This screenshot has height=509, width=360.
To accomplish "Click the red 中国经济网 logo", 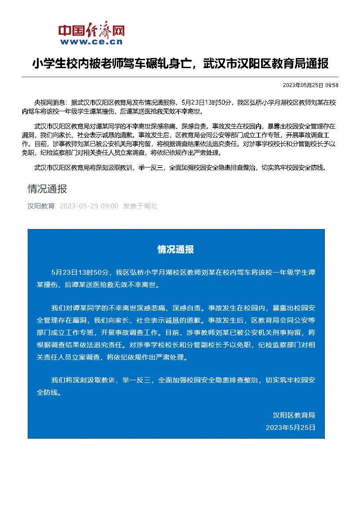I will (x=91, y=30).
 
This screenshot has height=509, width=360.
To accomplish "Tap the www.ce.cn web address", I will (x=91, y=42).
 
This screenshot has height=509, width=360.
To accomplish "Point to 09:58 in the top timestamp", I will (x=332, y=85).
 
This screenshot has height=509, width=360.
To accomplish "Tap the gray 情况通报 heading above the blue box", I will (x=47, y=189).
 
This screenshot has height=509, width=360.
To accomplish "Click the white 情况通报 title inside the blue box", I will (x=176, y=250).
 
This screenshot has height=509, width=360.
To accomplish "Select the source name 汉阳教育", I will (x=41, y=206).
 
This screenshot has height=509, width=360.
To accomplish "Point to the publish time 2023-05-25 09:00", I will (x=89, y=206).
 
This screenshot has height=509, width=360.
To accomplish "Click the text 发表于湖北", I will (x=140, y=206).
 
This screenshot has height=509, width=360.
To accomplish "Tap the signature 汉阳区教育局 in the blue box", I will (x=294, y=415).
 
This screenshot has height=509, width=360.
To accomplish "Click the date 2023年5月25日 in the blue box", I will (x=291, y=427).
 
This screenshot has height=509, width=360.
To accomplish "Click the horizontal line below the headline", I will (x=180, y=77).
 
